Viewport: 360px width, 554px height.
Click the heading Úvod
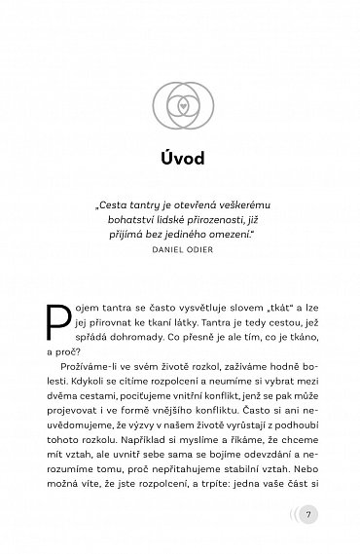click(x=180, y=162)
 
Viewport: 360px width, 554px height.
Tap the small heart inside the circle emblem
click(x=180, y=100)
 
